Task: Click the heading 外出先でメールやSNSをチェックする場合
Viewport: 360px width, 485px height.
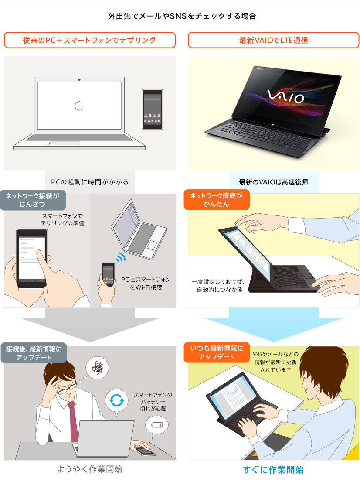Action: click(x=182, y=16)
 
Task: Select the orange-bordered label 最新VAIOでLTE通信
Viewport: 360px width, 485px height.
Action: click(x=273, y=40)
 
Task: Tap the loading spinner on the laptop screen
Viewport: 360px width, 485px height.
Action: click(x=79, y=106)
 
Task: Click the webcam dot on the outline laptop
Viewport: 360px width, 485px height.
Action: click(x=79, y=79)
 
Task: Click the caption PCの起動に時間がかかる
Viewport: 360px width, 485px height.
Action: click(x=90, y=182)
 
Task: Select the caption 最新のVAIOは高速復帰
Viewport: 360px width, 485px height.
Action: click(x=273, y=182)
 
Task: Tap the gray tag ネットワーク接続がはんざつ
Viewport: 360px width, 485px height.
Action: click(x=33, y=200)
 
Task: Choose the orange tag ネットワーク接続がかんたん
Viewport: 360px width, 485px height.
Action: click(x=217, y=200)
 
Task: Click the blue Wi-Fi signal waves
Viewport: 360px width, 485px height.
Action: click(x=121, y=257)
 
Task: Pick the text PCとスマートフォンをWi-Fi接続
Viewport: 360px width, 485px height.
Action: click(x=146, y=283)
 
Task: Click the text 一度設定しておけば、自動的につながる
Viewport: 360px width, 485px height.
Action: click(x=218, y=286)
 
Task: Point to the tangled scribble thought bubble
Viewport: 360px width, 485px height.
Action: click(x=97, y=368)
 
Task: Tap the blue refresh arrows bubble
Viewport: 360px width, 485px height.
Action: click(x=116, y=401)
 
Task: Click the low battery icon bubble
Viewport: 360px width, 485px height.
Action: click(x=156, y=425)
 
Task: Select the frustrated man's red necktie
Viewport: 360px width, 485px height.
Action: click(x=73, y=421)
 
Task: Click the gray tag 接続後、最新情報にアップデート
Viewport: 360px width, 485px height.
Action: click(x=34, y=353)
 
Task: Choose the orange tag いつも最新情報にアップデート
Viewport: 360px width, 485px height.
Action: click(x=217, y=352)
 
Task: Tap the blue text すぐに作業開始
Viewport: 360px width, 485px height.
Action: click(x=273, y=470)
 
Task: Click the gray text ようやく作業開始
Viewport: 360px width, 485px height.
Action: click(x=90, y=469)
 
